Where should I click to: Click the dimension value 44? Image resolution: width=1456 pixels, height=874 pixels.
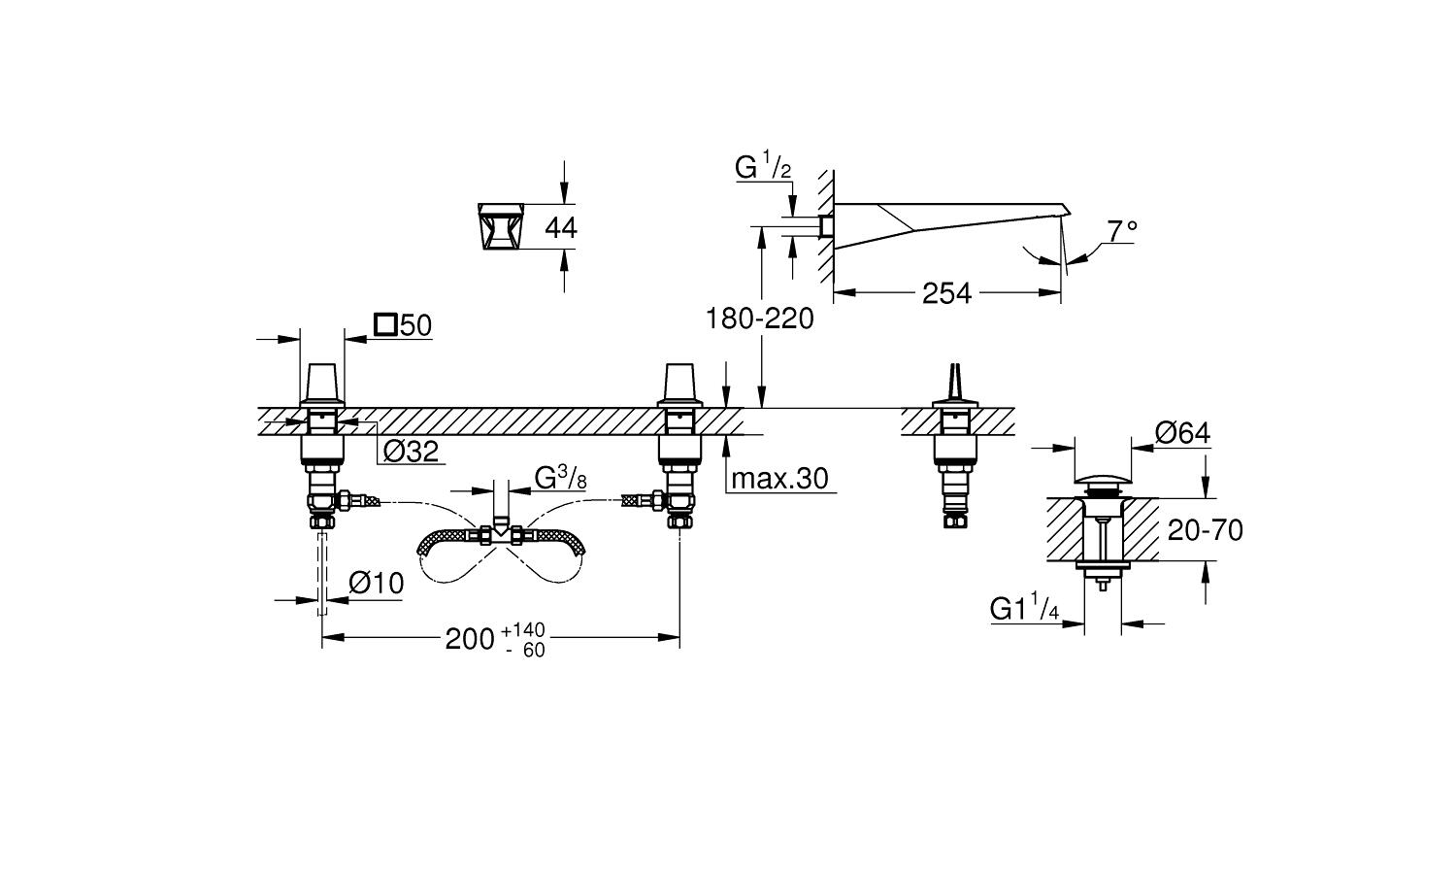(x=560, y=228)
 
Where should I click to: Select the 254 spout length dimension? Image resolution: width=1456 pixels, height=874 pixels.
(x=946, y=293)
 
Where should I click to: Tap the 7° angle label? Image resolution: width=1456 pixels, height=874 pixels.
(x=1122, y=231)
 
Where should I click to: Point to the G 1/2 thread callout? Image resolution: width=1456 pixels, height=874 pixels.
(x=763, y=167)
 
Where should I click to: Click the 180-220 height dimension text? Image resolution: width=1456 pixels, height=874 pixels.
(x=759, y=319)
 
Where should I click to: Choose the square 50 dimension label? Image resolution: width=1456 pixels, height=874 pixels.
(x=403, y=325)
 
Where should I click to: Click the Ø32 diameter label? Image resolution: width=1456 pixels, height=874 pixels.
(x=411, y=451)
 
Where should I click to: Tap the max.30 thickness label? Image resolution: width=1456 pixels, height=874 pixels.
(x=779, y=478)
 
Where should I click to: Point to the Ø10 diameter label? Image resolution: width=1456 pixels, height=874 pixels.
(x=376, y=584)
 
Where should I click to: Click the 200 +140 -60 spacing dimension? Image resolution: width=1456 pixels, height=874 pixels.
(x=496, y=640)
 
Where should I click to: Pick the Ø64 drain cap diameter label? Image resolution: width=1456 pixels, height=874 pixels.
(x=1183, y=433)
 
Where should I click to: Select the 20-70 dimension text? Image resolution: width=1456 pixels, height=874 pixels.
(x=1205, y=530)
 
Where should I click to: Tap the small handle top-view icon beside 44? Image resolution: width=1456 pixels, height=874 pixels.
(x=502, y=227)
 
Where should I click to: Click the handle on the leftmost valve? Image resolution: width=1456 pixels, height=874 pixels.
(x=322, y=381)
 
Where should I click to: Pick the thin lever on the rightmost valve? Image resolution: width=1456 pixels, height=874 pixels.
(x=954, y=379)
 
